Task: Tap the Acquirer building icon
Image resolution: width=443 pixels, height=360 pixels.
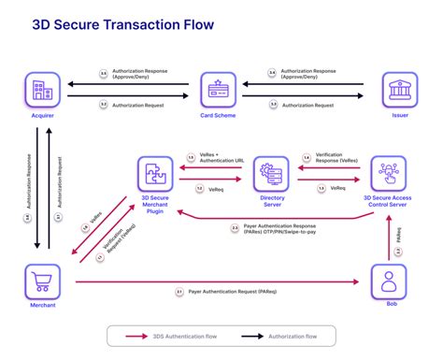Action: tap(39, 90)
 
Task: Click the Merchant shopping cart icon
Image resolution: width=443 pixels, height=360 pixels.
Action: tap(40, 280)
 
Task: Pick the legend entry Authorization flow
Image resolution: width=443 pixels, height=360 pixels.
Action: tap(291, 335)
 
